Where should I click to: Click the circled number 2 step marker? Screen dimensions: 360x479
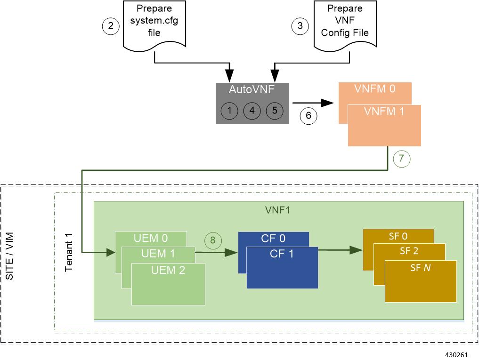tap(111, 26)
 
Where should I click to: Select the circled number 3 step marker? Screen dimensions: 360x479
tap(300, 26)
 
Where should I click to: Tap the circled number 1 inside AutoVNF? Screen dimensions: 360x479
tap(229, 111)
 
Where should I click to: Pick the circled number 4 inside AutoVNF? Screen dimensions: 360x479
tap(252, 111)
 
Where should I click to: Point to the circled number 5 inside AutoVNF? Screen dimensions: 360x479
tap(275, 111)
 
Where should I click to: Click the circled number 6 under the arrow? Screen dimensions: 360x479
tap(309, 115)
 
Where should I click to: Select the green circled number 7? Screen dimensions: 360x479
tap(401, 159)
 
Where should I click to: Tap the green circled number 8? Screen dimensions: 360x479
tap(213, 240)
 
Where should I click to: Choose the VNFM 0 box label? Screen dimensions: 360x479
tap(375, 89)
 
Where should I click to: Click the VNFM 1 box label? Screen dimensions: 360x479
tap(384, 112)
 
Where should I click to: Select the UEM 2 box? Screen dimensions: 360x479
tap(168, 284)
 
